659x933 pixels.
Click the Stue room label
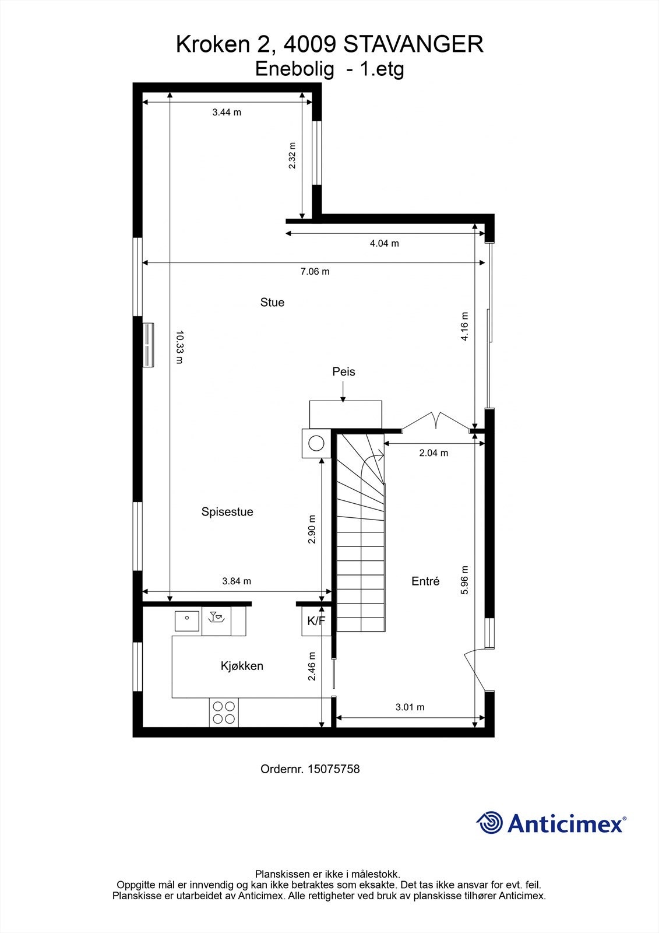pos(272,302)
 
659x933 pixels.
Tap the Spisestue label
pos(227,512)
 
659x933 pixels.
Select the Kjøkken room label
pos(242,666)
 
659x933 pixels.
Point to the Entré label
pos(425,581)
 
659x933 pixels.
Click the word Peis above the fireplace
pos(344,371)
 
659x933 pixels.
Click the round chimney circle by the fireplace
pos(316,443)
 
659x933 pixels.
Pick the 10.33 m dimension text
pos(179,348)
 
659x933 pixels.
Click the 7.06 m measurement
pos(315,272)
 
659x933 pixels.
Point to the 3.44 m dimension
pos(227,113)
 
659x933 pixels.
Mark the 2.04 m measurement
pos(434,453)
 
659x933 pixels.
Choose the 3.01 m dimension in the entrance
pos(410,707)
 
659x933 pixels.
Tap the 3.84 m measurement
pos(237,581)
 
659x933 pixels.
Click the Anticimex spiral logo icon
pos(490,823)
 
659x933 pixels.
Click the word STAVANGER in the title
pos(414,44)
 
